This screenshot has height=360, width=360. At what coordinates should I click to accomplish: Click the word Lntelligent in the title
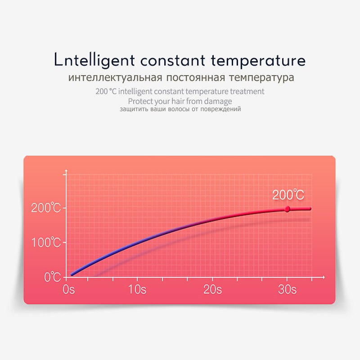[x=94, y=60]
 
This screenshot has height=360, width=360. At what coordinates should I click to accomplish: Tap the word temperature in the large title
[x=258, y=60]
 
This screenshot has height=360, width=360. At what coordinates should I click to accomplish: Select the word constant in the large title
[x=173, y=60]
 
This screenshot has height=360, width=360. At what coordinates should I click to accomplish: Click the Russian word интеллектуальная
[x=115, y=77]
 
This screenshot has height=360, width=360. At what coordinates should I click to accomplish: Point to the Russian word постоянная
[x=196, y=77]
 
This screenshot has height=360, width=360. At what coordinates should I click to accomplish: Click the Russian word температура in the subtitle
[x=261, y=77]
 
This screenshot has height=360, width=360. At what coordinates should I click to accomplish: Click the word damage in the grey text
[x=218, y=101]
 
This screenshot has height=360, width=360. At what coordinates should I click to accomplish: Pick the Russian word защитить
[x=134, y=109]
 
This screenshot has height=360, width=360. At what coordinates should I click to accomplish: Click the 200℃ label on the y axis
[x=46, y=208]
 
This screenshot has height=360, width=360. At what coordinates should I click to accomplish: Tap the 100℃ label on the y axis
[x=46, y=243]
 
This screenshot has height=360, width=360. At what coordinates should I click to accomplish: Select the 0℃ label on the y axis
[x=53, y=277]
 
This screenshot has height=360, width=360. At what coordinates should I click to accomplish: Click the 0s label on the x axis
[x=69, y=289]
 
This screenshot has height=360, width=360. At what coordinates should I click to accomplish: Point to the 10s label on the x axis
[x=137, y=289]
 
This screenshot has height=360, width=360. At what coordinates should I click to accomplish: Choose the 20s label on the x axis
[x=212, y=289]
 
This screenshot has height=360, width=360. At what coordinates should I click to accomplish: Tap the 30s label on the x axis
[x=287, y=289]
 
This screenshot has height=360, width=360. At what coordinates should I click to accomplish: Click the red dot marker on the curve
[x=287, y=209]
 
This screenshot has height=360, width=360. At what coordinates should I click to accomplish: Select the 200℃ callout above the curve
[x=288, y=195]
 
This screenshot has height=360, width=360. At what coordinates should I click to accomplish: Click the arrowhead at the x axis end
[x=324, y=277]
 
